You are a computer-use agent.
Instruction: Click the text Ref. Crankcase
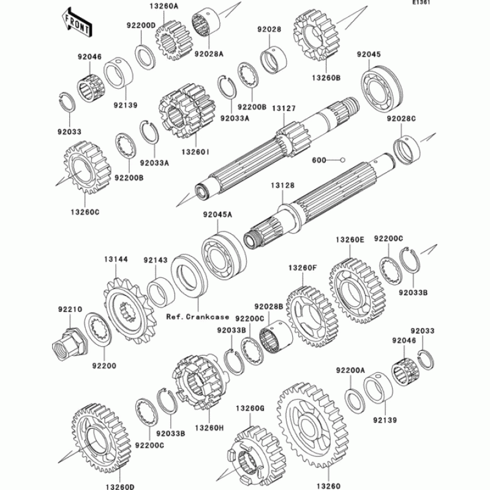tap(197, 317)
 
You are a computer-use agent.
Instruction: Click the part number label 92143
tap(156, 260)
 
